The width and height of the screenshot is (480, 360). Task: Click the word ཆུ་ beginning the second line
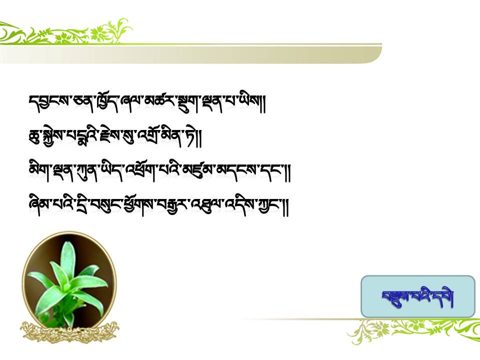click(34, 136)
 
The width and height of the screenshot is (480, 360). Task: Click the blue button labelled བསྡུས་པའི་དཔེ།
click(418, 296)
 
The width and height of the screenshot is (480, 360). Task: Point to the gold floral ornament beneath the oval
click(70, 332)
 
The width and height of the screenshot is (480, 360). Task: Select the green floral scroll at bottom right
click(413, 330)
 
